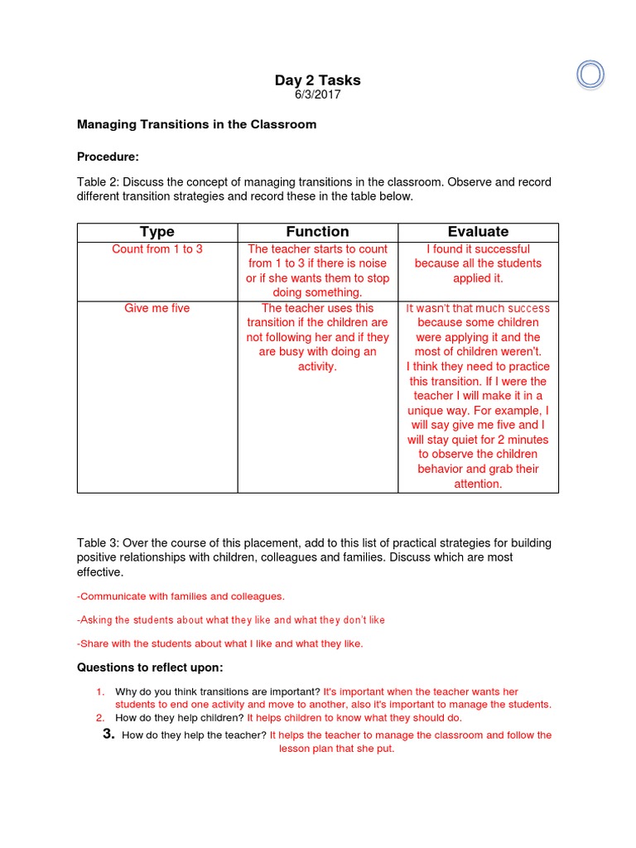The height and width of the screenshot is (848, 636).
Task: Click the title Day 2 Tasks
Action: pyautogui.click(x=317, y=80)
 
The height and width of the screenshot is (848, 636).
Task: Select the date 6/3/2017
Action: pyautogui.click(x=317, y=94)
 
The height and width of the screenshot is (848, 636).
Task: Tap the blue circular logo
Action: pyautogui.click(x=591, y=75)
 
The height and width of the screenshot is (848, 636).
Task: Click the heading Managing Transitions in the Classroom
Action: pyautogui.click(x=196, y=125)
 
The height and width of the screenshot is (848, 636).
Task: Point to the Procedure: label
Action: pyautogui.click(x=108, y=157)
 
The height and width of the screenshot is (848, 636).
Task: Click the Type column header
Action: pyautogui.click(x=157, y=232)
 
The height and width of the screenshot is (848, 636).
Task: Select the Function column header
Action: pyautogui.click(x=317, y=232)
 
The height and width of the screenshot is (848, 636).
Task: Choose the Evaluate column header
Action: pyautogui.click(x=478, y=232)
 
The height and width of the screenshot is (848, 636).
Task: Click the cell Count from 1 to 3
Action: pyautogui.click(x=157, y=249)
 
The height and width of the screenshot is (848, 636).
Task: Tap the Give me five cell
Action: pyautogui.click(x=157, y=309)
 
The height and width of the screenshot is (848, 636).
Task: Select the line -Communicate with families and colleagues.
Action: pyautogui.click(x=181, y=596)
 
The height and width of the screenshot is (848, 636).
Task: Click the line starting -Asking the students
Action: pyautogui.click(x=231, y=620)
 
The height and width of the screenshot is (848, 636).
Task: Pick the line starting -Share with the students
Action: pyautogui.click(x=219, y=643)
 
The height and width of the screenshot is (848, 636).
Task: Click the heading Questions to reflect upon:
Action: pyautogui.click(x=150, y=667)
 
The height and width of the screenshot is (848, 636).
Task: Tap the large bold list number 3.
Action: pyautogui.click(x=108, y=735)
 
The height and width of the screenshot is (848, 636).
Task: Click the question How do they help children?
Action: pyautogui.click(x=179, y=718)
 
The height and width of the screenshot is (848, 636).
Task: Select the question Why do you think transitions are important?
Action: pyautogui.click(x=217, y=691)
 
